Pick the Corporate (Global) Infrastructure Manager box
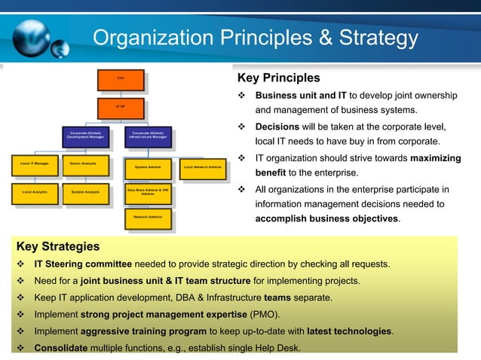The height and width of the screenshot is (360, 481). coord(147,136)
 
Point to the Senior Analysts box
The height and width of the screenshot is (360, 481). coord(82,163)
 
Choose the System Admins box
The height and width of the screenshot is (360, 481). coord(147,167)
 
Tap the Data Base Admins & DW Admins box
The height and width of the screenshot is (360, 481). coord(147,192)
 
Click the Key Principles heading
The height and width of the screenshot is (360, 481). coord(278,78)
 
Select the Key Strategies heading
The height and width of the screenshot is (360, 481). coord(57,246)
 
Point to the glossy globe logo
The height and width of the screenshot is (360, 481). coord(34,36)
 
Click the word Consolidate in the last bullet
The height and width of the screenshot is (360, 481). coord(60,348)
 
